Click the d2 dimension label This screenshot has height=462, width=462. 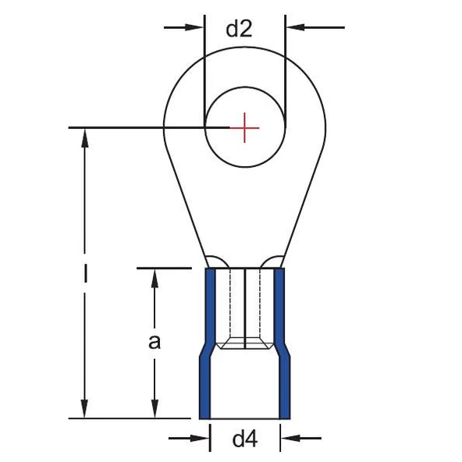239,29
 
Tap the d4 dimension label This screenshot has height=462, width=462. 245,439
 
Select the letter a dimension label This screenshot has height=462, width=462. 155,343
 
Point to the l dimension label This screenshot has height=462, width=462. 85,273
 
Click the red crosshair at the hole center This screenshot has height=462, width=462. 244,128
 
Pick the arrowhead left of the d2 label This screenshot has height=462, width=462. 194,27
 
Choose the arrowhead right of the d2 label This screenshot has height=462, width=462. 296,27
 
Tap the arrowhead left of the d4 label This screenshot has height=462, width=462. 200,438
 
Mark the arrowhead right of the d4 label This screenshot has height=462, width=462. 290,438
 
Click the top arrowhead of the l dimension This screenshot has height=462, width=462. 85,138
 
